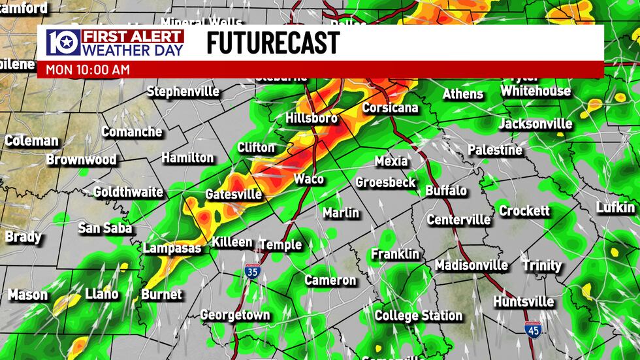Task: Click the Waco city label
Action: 309,179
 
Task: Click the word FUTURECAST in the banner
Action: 273,43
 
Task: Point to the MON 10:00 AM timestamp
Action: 88,69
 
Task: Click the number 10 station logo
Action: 63,42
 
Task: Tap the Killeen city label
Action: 232,242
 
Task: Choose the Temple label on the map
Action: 281,244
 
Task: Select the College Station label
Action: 419,316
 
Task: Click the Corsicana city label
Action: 390,108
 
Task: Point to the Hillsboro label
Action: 312,118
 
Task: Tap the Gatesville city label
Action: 233,195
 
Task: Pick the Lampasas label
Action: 172,248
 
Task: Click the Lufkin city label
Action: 615,208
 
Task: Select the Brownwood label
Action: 81,159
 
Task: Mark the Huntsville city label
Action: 524,302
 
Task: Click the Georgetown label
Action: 235,315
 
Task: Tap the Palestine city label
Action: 495,150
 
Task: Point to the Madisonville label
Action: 472,265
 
